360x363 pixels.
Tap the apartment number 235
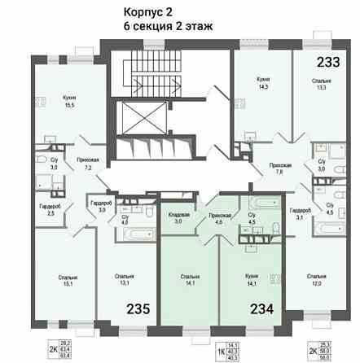coord(138,308)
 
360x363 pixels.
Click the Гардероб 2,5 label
coord(50,209)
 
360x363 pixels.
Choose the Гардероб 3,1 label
coord(301,213)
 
